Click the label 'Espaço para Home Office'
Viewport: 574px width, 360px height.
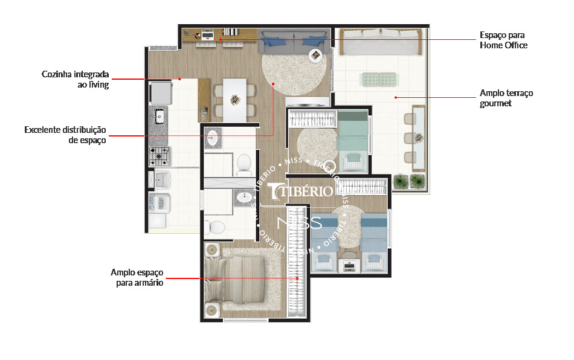pyautogui.click(x=503, y=40)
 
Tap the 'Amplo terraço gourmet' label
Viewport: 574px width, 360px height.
pyautogui.click(x=506, y=98)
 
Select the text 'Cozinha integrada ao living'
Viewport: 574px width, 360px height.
pyautogui.click(x=75, y=79)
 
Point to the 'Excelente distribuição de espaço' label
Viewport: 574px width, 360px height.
pyautogui.click(x=65, y=135)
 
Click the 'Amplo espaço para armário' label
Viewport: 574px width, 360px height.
pyautogui.click(x=137, y=277)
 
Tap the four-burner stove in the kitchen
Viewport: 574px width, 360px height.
pyautogui.click(x=160, y=156)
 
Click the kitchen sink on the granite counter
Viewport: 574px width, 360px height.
pyautogui.click(x=160, y=116)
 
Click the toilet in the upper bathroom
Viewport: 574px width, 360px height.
pyautogui.click(x=244, y=163)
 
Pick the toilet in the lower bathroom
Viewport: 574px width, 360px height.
pyautogui.click(x=216, y=227)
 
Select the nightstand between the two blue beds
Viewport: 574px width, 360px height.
pyautogui.click(x=349, y=265)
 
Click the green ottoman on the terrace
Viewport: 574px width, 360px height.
pyautogui.click(x=378, y=79)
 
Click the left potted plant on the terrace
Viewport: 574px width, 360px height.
pyautogui.click(x=401, y=181)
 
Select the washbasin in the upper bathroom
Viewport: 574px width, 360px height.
pyautogui.click(x=213, y=138)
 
